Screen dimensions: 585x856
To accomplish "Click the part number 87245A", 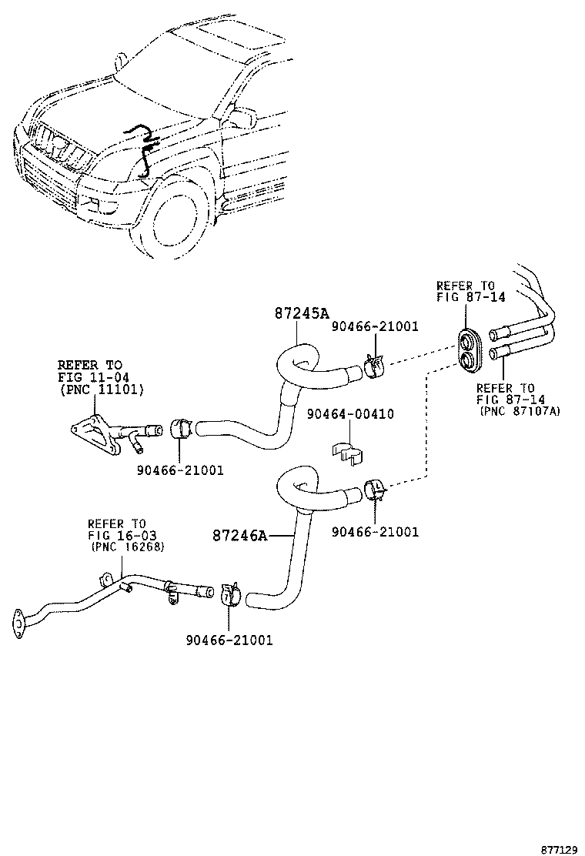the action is point(302,313).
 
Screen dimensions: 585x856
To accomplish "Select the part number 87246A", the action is point(240,536).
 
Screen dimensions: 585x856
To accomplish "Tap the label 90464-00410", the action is point(349,414).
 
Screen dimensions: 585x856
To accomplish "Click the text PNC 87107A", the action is point(520,412).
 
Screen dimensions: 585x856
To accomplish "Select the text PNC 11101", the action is point(101,390).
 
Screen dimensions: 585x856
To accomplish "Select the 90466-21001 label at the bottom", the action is point(229,640).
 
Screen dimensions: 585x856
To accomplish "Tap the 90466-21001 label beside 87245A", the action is point(375,326).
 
